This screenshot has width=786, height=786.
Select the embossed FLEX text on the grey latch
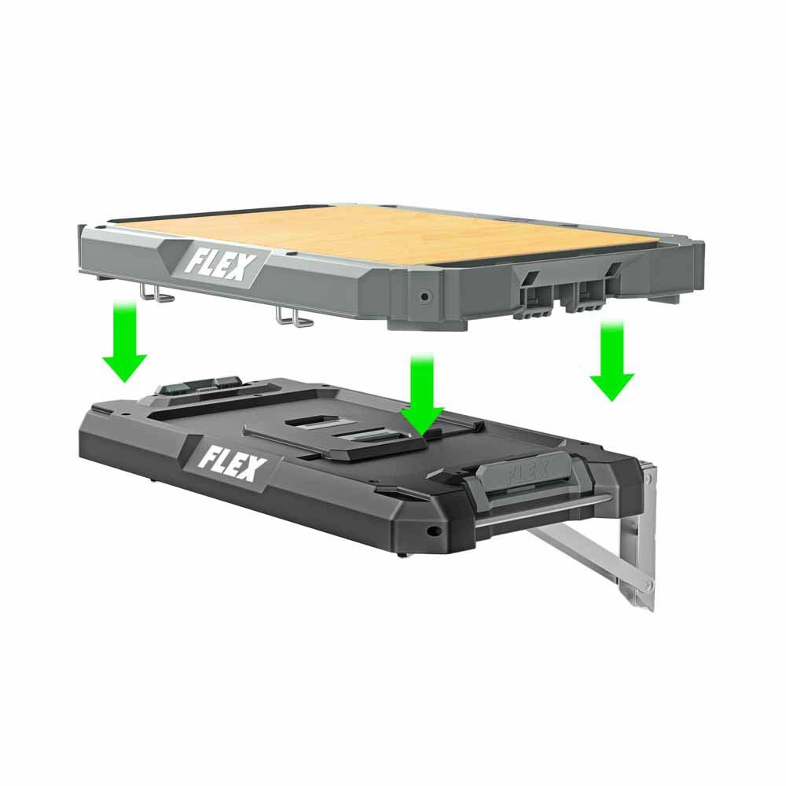[528, 474]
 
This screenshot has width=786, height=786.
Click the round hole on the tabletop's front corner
[424, 297]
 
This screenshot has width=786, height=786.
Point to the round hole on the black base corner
[432, 530]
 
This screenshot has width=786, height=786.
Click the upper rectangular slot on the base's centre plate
[311, 422]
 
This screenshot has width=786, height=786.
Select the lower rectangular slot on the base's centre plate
[364, 435]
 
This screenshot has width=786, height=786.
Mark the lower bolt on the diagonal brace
[647, 585]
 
